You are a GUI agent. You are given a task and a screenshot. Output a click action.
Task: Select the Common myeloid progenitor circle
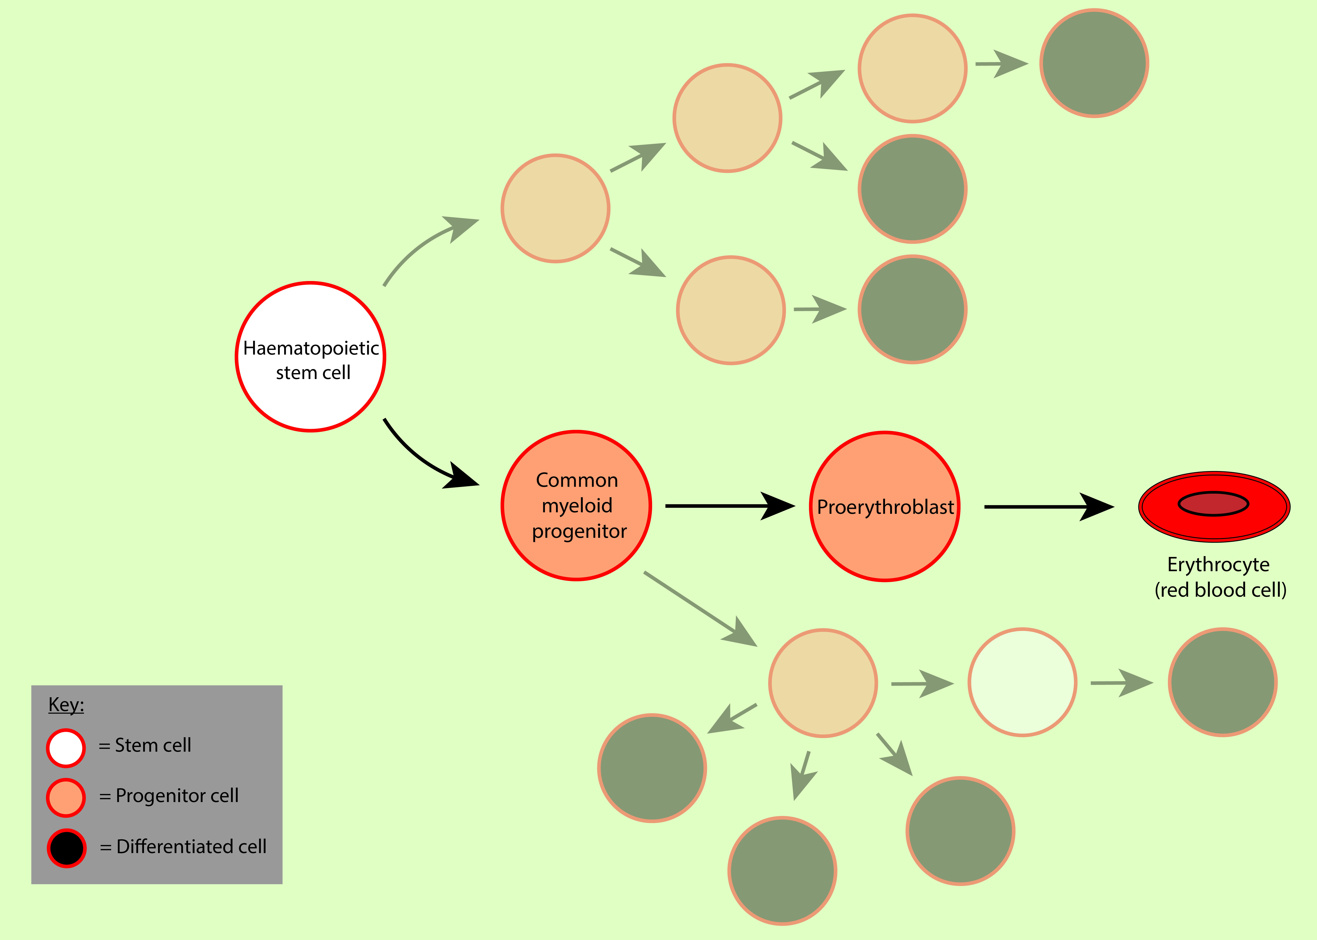[576, 556]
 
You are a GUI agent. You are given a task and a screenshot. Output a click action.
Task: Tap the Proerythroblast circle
[884, 544]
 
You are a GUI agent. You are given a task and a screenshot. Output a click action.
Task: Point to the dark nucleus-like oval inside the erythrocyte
[1213, 504]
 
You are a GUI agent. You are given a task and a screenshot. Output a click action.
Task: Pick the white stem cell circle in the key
[66, 748]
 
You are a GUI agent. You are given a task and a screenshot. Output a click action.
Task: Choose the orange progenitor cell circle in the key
[66, 798]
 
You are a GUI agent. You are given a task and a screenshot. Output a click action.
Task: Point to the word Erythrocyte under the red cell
[1218, 564]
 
